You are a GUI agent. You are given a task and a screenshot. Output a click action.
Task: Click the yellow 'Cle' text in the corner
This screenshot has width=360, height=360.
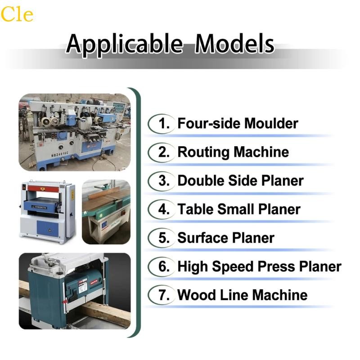(x=17, y=14)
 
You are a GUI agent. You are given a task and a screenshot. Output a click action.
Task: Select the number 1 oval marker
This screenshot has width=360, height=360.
(x=161, y=123)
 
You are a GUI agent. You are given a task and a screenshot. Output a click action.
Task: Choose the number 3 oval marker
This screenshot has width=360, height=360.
(x=161, y=180)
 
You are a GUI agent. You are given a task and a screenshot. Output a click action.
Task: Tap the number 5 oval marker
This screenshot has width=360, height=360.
(x=161, y=238)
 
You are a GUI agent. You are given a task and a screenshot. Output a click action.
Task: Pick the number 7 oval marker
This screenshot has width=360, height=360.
(x=161, y=295)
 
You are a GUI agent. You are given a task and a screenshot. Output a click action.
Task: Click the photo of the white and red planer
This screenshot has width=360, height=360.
(x=47, y=211)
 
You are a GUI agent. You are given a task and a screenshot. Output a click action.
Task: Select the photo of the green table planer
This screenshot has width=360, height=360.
(x=106, y=211)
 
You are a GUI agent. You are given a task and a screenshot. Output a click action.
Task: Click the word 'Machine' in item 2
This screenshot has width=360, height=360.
(x=264, y=152)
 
